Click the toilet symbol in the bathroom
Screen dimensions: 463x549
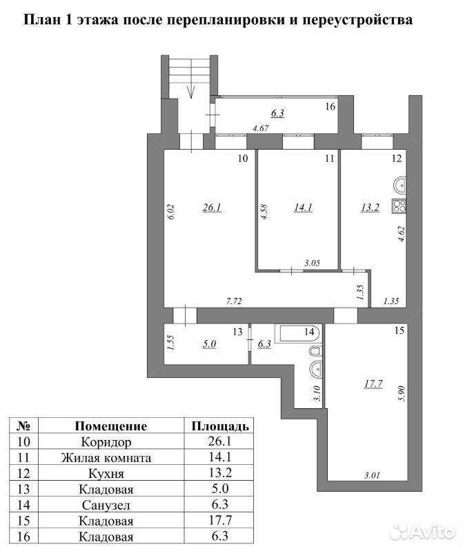pos(315,352)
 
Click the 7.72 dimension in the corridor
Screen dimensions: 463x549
pos(234,301)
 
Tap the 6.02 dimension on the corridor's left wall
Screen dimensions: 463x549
pos(172,212)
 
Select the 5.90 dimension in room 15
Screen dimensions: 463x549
pos(402,393)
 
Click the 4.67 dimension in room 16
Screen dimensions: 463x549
pos(261,128)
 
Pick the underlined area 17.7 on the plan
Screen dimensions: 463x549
pos(373,384)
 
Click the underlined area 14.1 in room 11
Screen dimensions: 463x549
pos(303,208)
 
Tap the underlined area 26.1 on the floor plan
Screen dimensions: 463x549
pos(212,208)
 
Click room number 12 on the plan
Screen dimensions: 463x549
pos(397,158)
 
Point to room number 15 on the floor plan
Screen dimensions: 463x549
pos(400,330)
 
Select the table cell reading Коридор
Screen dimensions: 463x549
pos(106,442)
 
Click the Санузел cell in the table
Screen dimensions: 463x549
pos(106,506)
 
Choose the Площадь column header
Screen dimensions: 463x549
pos(220,426)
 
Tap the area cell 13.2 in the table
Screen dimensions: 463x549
pos(220,473)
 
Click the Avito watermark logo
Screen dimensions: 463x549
pos(423,532)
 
